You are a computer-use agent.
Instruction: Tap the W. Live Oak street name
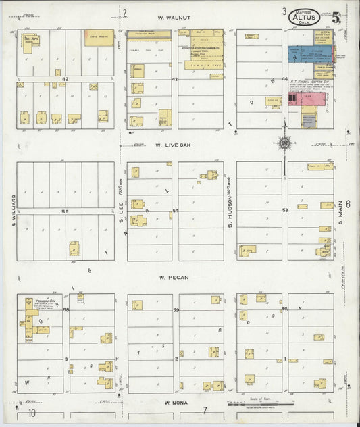tap(174, 145)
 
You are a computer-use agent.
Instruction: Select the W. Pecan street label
tap(174, 277)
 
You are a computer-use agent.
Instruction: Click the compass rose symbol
tap(284, 143)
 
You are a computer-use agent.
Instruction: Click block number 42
tap(66, 80)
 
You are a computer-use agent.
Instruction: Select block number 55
tap(66, 211)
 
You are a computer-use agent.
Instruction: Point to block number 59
tap(176, 311)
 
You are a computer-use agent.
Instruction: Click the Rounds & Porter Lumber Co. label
tap(201, 49)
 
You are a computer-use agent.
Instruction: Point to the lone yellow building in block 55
tap(74, 249)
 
